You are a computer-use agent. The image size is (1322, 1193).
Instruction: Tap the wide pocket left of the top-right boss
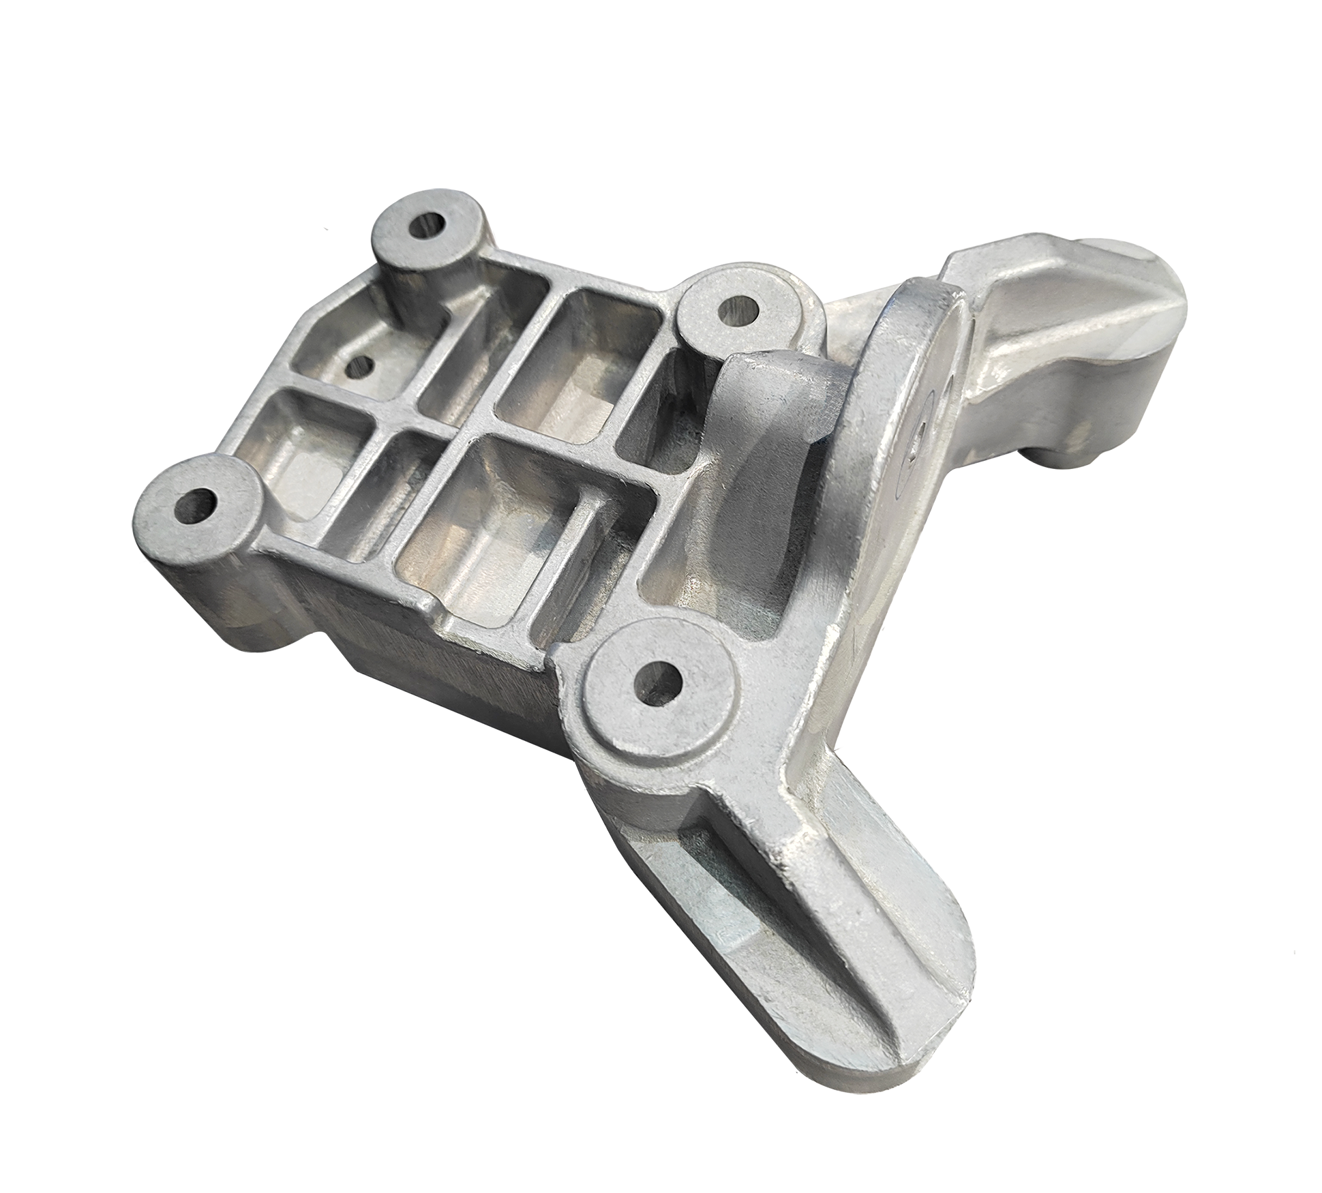point(580,354)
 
